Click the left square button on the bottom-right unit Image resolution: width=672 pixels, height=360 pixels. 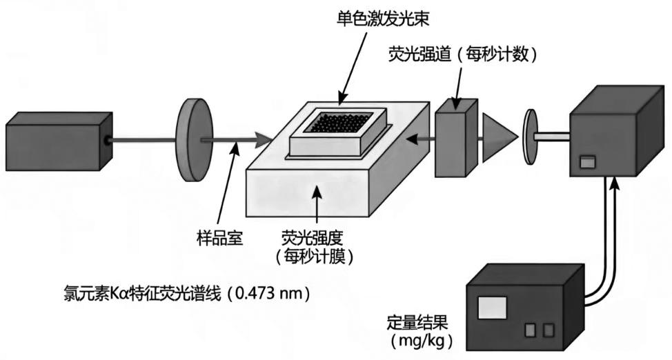point(530,330)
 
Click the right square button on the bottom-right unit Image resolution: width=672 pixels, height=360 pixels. point(548,330)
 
